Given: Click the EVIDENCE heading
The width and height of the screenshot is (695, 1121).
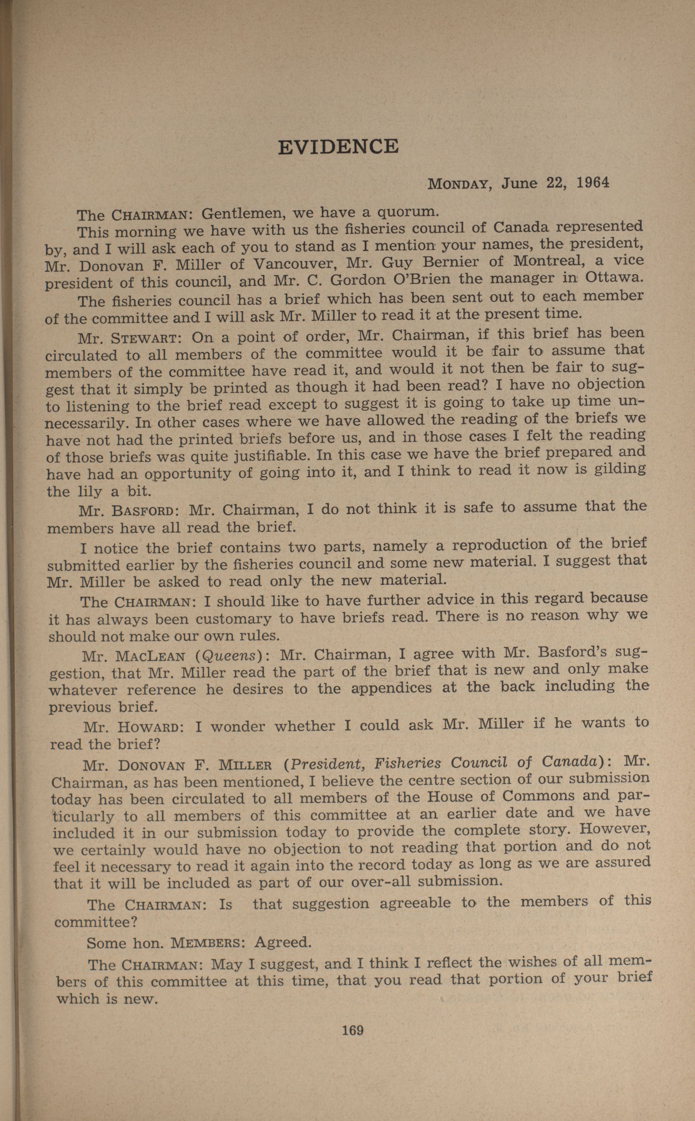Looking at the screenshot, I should pyautogui.click(x=338, y=146).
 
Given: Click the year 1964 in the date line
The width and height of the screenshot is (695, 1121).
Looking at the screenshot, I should pyautogui.click(x=593, y=182).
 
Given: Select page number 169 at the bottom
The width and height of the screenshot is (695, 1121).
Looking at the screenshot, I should pyautogui.click(x=352, y=1030).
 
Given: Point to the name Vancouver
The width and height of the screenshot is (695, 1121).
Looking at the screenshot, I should pyautogui.click(x=294, y=264).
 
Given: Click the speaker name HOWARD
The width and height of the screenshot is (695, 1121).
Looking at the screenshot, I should pyautogui.click(x=151, y=727).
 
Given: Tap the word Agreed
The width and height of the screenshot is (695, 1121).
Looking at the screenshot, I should pyautogui.click(x=283, y=943).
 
